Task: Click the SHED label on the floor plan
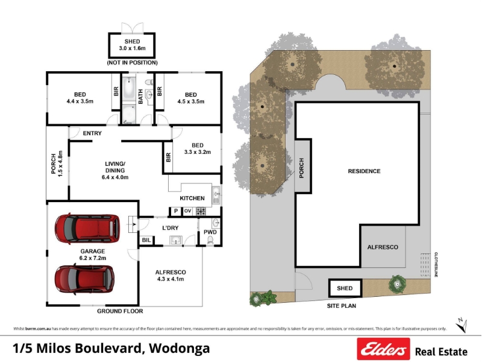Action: click(x=132, y=41)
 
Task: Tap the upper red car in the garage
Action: click(x=87, y=228)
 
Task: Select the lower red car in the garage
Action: click(x=84, y=279)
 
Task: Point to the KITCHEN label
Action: click(x=192, y=198)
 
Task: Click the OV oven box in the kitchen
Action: click(x=187, y=211)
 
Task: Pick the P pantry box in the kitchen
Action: click(x=176, y=211)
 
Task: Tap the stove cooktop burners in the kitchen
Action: click(x=201, y=211)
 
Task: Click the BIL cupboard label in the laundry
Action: click(x=146, y=240)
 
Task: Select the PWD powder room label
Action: click(x=210, y=232)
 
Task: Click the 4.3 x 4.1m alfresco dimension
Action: click(x=171, y=279)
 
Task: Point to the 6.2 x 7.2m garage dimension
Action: click(x=93, y=258)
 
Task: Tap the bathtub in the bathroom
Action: click(x=129, y=87)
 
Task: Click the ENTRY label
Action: click(x=92, y=133)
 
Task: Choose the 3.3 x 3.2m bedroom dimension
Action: click(x=198, y=152)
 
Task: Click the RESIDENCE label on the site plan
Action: click(x=365, y=171)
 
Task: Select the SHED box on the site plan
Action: click(x=345, y=288)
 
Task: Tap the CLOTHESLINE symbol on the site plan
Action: click(x=425, y=265)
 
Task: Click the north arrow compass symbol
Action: click(x=462, y=325)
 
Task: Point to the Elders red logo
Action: click(x=383, y=349)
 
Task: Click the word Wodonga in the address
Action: click(x=180, y=349)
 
